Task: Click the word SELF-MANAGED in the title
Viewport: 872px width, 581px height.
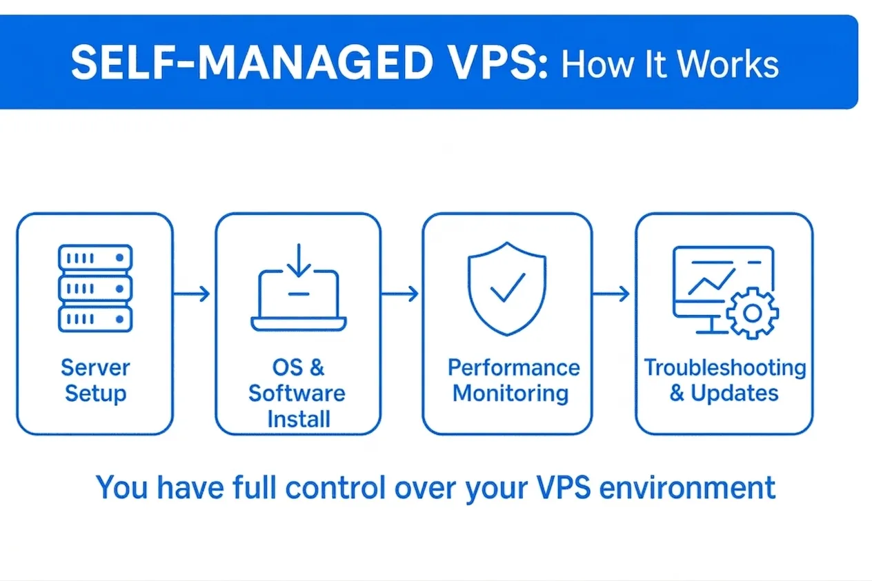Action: [252, 63]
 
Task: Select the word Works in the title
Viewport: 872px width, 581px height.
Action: [728, 65]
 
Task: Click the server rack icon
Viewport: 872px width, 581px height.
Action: [95, 288]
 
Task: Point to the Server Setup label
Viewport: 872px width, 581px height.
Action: [95, 380]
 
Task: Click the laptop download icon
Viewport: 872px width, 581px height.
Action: [299, 287]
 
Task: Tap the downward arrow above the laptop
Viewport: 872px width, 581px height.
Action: [299, 260]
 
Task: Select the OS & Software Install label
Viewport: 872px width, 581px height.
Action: [297, 393]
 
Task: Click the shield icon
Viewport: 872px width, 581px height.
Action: [507, 289]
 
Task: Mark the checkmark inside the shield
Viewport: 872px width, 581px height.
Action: [508, 287]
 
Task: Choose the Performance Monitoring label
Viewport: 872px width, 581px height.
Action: [513, 380]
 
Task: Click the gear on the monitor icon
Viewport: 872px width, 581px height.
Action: [752, 313]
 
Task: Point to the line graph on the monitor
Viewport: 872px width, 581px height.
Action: [712, 282]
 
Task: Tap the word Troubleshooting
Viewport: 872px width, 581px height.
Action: [725, 368]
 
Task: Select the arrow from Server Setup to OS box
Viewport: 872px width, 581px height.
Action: [192, 294]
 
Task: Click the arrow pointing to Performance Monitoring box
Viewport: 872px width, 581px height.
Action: [400, 294]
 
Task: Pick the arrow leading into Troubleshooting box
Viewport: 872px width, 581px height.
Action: [611, 294]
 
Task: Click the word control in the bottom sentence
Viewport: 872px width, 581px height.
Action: [335, 487]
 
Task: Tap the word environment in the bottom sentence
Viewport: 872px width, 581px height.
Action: [687, 488]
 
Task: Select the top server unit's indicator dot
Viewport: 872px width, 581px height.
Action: [120, 258]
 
